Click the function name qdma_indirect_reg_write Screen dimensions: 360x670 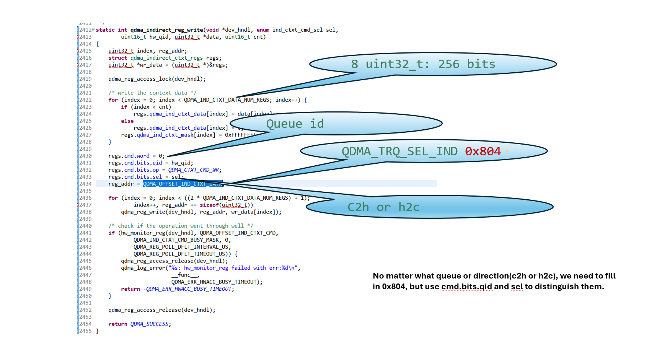coord(166,30)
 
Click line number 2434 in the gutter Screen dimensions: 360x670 coord(85,184)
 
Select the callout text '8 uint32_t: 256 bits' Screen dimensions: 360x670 coord(423,64)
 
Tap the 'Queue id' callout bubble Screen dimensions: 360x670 coord(295,124)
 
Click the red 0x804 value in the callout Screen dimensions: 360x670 coord(483,151)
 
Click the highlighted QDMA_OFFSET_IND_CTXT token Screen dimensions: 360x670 coord(182,184)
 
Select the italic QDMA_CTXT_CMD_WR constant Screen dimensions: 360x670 coord(194,170)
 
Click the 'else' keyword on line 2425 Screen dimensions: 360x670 coord(127,121)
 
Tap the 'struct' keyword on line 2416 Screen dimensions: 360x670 coord(117,58)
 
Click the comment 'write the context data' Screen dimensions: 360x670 coord(152,93)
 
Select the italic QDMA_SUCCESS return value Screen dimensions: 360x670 coord(149,324)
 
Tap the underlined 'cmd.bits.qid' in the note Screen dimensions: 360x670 coord(466,287)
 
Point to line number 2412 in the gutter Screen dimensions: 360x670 coord(85,30)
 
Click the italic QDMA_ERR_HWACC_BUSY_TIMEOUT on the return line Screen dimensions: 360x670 coord(189,289)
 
